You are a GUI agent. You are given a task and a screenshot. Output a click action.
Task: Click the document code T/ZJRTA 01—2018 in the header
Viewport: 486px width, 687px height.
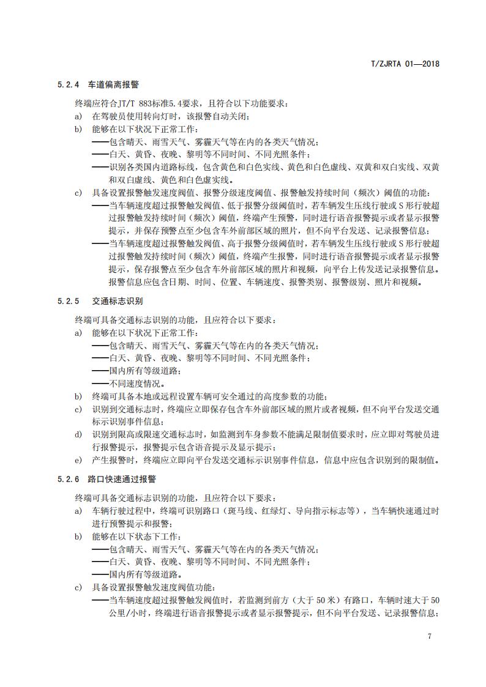pyautogui.click(x=406, y=63)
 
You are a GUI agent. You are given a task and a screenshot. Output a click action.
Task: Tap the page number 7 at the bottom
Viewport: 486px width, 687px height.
pyautogui.click(x=430, y=636)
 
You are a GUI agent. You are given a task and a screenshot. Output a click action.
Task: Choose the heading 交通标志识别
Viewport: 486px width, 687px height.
pyautogui.click(x=114, y=301)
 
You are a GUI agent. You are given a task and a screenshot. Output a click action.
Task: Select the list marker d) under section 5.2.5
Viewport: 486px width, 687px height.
pyautogui.click(x=78, y=434)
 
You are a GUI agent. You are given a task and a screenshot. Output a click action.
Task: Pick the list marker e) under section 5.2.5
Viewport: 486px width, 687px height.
pyautogui.click(x=78, y=460)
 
